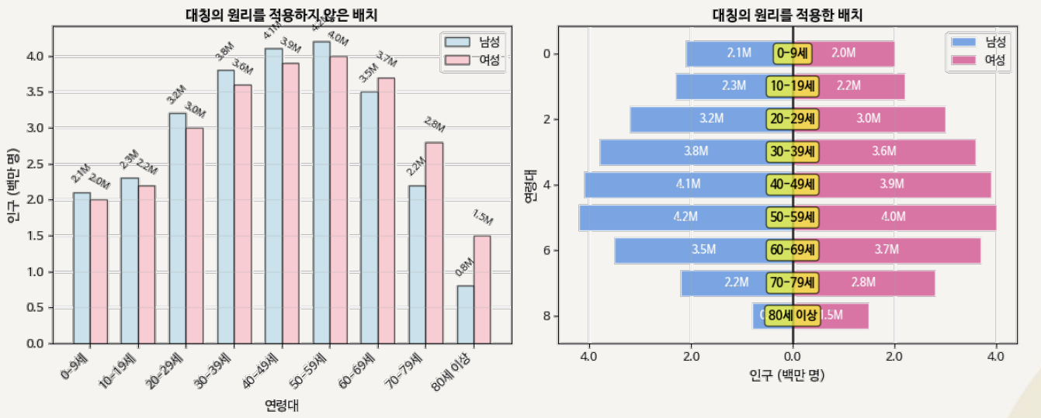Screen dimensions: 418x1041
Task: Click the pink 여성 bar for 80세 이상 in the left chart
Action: pos(482,289)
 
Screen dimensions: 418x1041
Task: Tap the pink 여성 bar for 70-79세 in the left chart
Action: pos(434,242)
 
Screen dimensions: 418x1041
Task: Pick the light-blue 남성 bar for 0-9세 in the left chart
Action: pos(82,268)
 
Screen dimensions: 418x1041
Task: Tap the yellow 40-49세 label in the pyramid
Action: pos(793,185)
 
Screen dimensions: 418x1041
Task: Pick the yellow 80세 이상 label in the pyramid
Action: pos(793,315)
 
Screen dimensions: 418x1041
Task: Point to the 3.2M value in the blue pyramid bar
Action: pos(711,119)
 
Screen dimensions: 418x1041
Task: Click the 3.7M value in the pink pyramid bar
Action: pos(886,250)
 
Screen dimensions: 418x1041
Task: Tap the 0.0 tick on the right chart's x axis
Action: pos(793,356)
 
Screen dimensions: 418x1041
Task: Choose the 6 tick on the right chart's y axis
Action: pos(547,250)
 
